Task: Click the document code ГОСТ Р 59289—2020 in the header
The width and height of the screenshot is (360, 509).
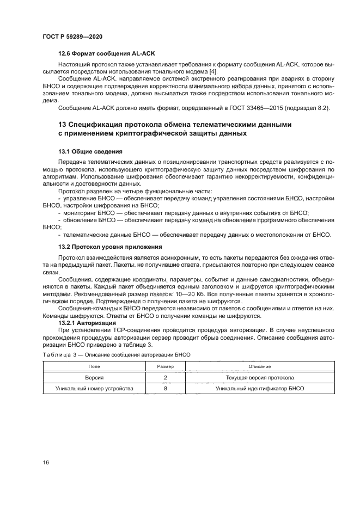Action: pyautogui.click(x=72, y=36)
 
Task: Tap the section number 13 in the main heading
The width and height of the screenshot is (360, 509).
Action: pyautogui.click(x=62, y=125)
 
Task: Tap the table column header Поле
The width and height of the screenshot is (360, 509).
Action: pyautogui.click(x=94, y=367)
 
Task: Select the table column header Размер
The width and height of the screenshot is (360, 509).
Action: pyautogui.click(x=165, y=367)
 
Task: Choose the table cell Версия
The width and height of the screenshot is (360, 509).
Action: pyautogui.click(x=94, y=377)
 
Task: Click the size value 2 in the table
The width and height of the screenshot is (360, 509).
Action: pyautogui.click(x=165, y=377)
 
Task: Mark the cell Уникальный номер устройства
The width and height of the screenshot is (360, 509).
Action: pyautogui.click(x=94, y=389)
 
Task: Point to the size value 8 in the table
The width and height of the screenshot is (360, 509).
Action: pyautogui.click(x=165, y=389)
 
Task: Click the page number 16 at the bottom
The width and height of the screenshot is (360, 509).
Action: pyautogui.click(x=46, y=462)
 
